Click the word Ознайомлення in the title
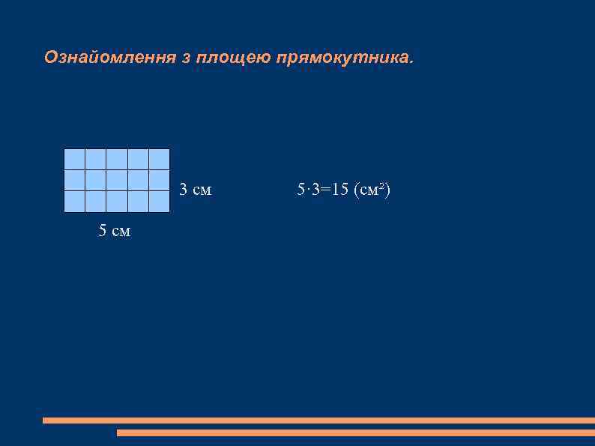tap(109, 58)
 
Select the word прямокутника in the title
tap(342, 58)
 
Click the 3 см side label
tap(195, 190)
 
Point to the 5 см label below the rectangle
tap(115, 232)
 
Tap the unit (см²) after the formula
tap(372, 190)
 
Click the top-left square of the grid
tap(74, 160)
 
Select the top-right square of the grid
tap(159, 160)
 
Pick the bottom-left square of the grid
tap(74, 202)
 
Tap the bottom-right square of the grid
tap(159, 202)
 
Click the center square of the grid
tap(117, 181)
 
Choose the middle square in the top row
tap(117, 160)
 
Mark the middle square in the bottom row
tap(117, 202)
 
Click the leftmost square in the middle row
tap(74, 181)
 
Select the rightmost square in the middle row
tap(159, 181)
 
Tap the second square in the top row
tap(95, 160)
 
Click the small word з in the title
tap(186, 58)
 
